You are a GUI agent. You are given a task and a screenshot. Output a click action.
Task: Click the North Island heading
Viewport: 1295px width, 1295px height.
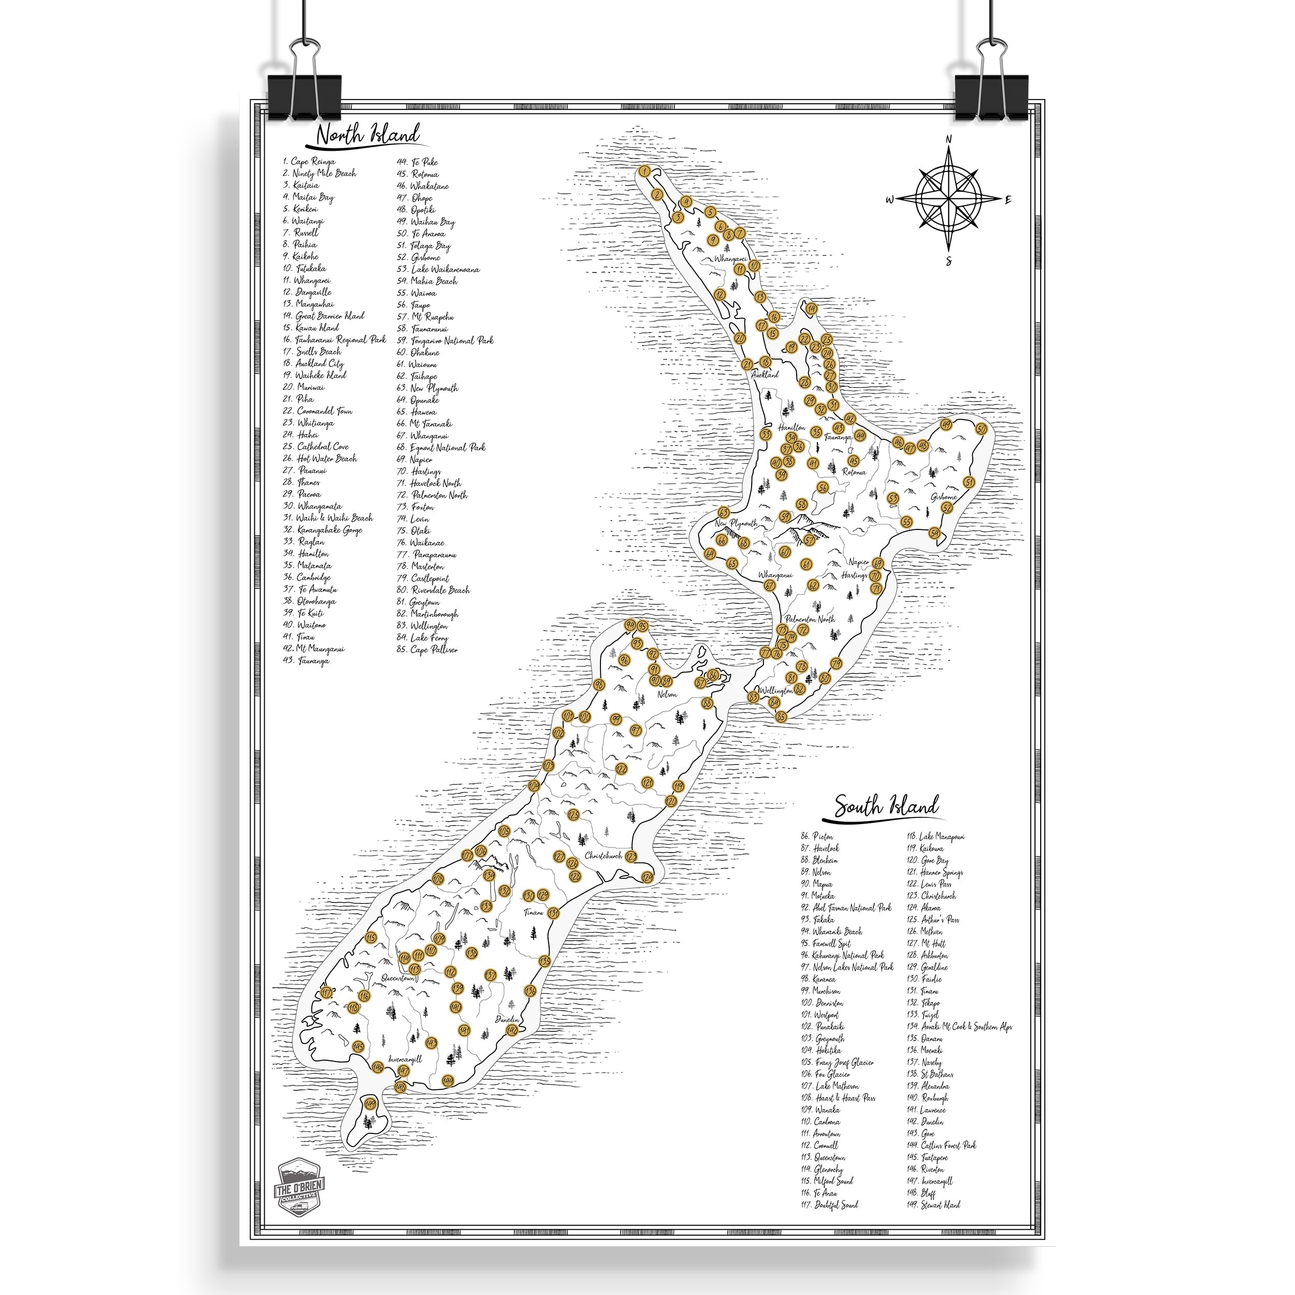pos(367,135)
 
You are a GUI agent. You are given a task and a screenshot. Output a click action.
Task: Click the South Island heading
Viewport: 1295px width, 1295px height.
pos(886,805)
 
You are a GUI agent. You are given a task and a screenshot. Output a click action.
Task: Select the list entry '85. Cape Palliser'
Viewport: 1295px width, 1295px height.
pos(428,650)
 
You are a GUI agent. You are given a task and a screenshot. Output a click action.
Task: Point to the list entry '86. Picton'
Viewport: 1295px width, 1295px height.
pos(816,837)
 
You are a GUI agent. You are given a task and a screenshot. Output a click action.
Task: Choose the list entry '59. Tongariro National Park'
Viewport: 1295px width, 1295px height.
pos(445,340)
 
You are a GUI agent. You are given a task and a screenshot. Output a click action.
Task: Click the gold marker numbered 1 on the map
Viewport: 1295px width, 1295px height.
pos(645,171)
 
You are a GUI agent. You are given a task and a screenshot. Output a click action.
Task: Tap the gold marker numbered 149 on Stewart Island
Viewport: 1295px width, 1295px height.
pos(369,1103)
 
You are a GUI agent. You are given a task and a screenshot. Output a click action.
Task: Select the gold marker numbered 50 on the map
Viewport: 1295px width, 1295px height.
pos(981,429)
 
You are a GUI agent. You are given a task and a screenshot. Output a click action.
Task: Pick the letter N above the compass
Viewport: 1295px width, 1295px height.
pos(948,139)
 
